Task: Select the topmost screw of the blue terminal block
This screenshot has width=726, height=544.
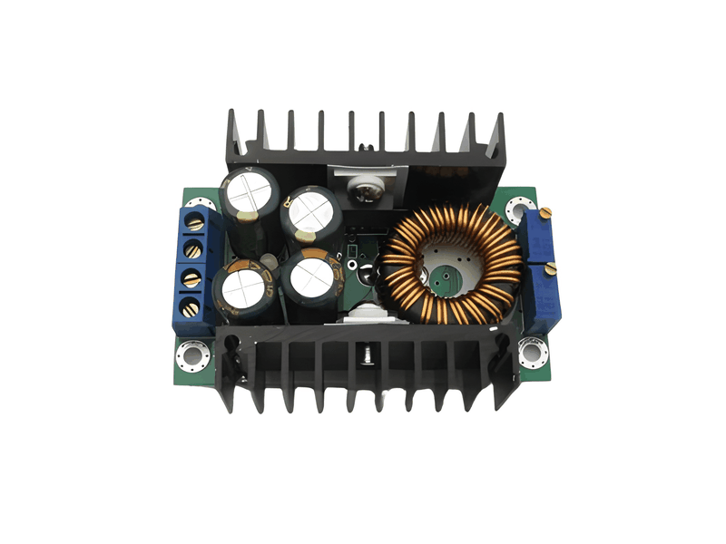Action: [x=192, y=221]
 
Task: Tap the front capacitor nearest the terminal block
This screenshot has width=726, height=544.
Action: [x=244, y=288]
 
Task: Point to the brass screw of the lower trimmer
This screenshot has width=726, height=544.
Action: [x=551, y=268]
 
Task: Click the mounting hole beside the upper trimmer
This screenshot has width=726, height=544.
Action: [x=520, y=207]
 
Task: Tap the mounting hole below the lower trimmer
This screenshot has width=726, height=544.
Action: [x=530, y=350]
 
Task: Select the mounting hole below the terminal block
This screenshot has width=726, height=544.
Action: [x=191, y=353]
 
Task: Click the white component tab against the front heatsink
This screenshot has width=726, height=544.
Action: [x=368, y=317]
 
